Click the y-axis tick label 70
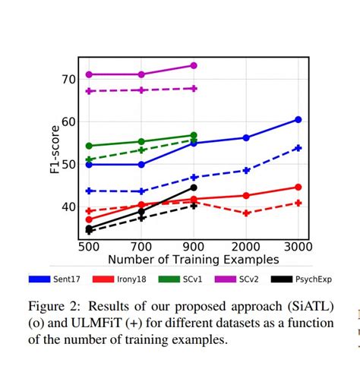pyautogui.click(x=68, y=79)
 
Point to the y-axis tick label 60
pyautogui.click(x=68, y=121)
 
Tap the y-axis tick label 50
pyautogui.click(x=68, y=164)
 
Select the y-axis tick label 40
pyautogui.click(x=68, y=207)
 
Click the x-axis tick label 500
pyautogui.click(x=90, y=248)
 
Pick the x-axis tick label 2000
pyautogui.click(x=245, y=248)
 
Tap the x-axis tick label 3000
pyautogui.click(x=298, y=248)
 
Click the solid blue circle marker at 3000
pyautogui.click(x=298, y=119)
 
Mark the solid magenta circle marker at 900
pyautogui.click(x=194, y=65)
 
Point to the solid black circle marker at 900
pyautogui.click(x=194, y=188)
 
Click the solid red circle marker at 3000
pyautogui.click(x=298, y=187)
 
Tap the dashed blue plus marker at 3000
pyautogui.click(x=298, y=148)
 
